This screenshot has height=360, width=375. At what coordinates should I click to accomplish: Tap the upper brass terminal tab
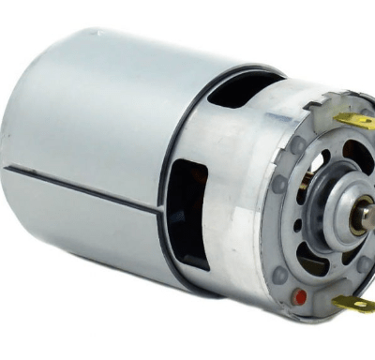(354, 121)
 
